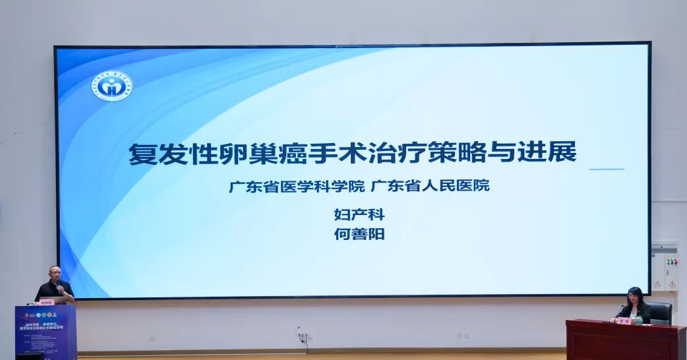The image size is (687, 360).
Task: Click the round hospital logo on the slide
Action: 112,86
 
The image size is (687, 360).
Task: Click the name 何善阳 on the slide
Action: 359,234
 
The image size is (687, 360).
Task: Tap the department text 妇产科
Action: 359,214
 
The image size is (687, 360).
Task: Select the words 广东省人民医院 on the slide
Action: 430,186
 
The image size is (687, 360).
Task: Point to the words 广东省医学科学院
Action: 297,186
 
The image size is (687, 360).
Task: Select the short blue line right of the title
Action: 606,169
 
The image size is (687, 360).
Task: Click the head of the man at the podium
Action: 55,272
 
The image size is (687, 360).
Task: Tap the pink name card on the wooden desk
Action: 624,320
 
